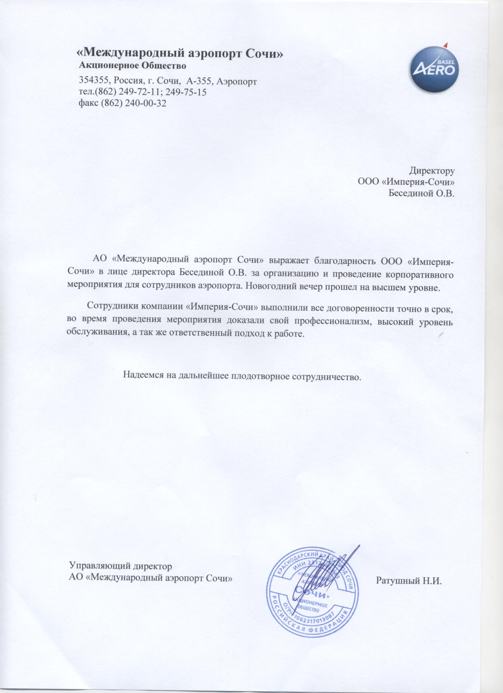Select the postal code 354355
(95, 81)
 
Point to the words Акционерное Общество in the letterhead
(133, 65)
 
